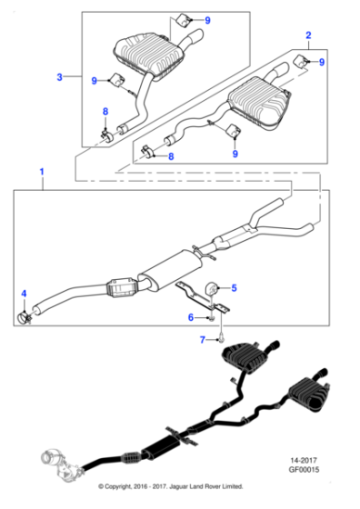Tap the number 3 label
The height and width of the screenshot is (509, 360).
(x=60, y=78)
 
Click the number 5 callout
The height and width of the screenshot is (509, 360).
(x=234, y=288)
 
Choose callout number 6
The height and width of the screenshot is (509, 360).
(x=191, y=317)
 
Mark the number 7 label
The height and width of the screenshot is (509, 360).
(x=203, y=340)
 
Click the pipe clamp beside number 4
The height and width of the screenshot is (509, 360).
(x=25, y=315)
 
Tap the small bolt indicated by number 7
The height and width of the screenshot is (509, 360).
(x=220, y=339)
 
